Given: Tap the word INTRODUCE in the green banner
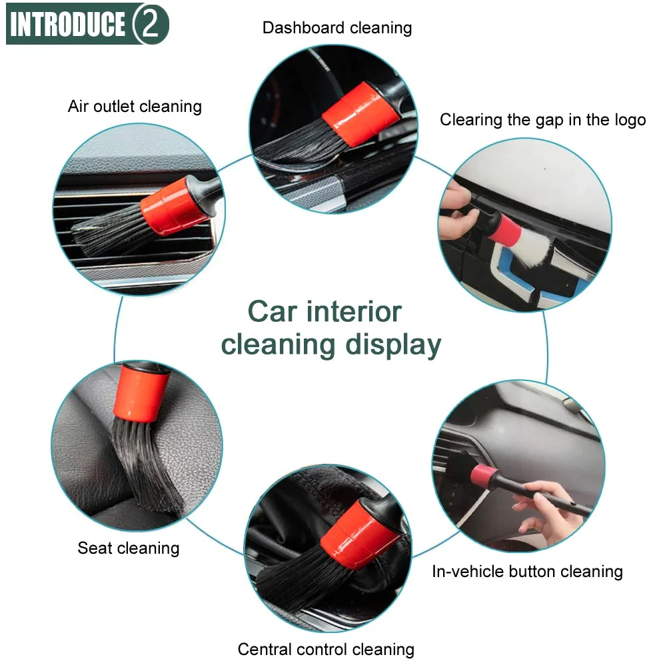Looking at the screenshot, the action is click(x=68, y=24).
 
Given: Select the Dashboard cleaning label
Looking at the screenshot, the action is click(x=337, y=28).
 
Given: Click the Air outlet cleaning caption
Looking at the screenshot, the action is click(x=135, y=107).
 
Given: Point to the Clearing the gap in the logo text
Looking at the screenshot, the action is click(x=543, y=120).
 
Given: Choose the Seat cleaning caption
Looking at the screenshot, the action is click(x=129, y=548).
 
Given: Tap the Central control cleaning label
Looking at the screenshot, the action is click(x=326, y=650).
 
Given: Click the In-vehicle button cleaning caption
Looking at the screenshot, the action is click(x=528, y=571).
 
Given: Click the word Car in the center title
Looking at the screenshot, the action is click(x=273, y=312).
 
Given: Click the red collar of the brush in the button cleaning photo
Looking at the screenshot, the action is click(x=483, y=475).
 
